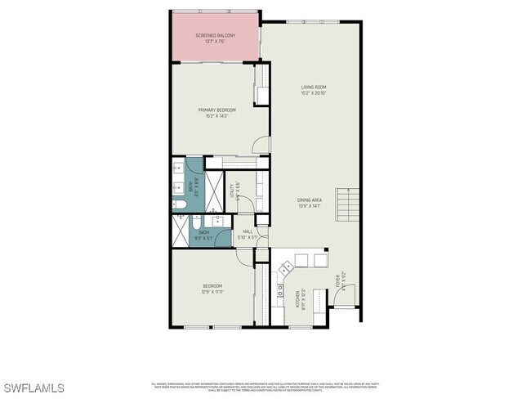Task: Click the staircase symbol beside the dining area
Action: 348,204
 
